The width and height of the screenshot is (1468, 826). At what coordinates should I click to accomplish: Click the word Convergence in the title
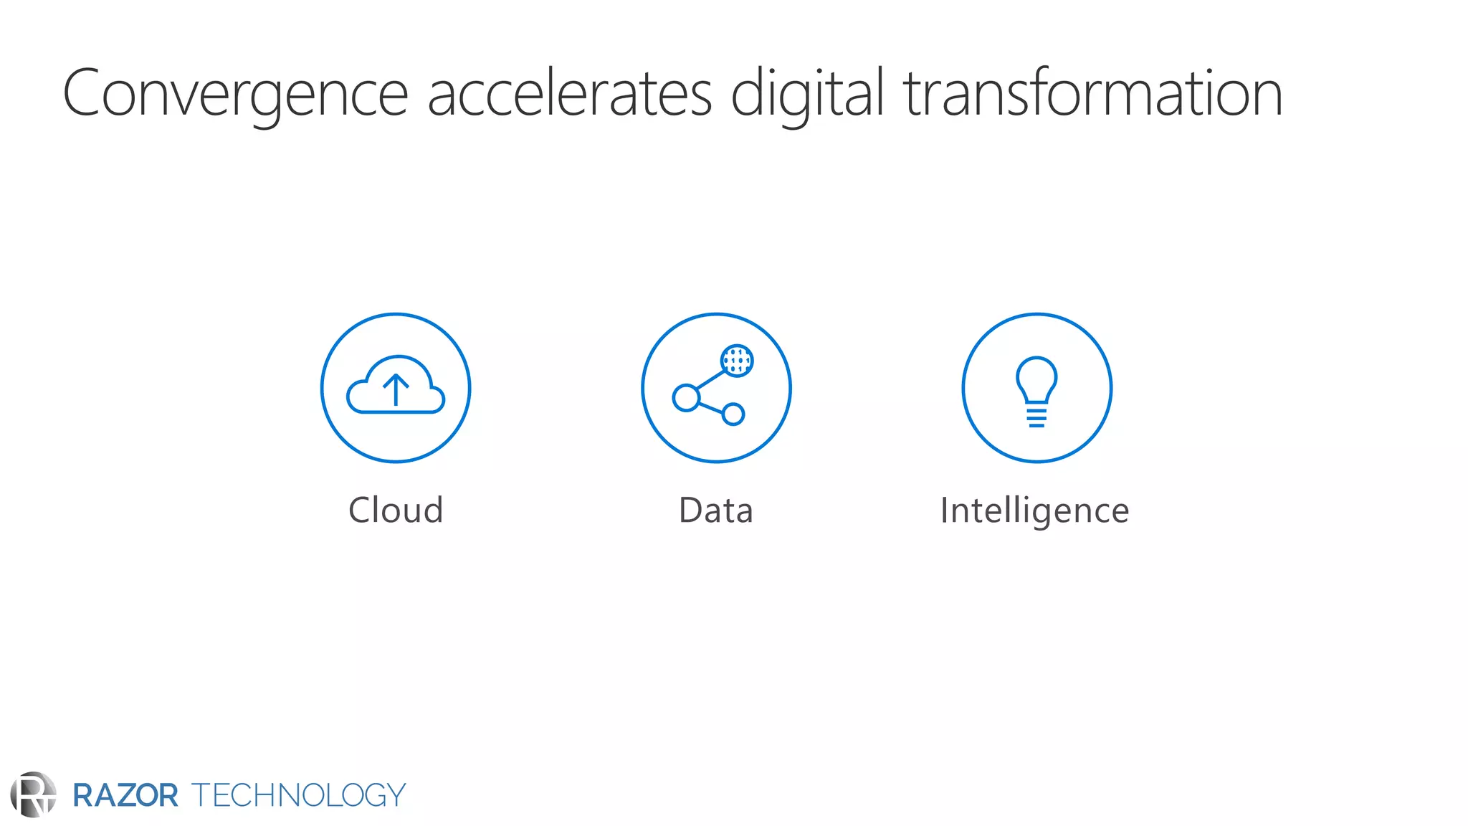(x=235, y=93)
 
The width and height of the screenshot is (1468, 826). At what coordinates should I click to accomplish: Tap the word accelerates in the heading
(x=569, y=93)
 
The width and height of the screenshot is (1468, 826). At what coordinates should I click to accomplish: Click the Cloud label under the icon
(x=396, y=511)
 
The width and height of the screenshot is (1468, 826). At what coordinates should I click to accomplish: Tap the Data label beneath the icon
(x=715, y=511)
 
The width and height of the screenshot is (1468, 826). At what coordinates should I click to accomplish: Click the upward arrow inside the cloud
(x=396, y=390)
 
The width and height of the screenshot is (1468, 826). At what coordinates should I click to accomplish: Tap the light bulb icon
(x=1036, y=380)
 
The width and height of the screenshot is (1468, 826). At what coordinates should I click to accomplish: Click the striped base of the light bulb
(x=1036, y=417)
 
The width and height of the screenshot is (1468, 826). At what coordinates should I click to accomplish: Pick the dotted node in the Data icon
(x=737, y=361)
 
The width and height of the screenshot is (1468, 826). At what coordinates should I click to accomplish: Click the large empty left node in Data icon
(x=686, y=398)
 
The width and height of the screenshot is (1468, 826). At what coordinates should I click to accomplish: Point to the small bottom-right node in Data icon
(x=733, y=414)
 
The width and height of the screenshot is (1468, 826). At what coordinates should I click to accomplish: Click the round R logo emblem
(x=33, y=794)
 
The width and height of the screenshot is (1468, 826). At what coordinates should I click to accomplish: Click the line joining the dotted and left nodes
(x=710, y=379)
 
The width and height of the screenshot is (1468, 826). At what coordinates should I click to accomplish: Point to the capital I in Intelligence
(x=945, y=511)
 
